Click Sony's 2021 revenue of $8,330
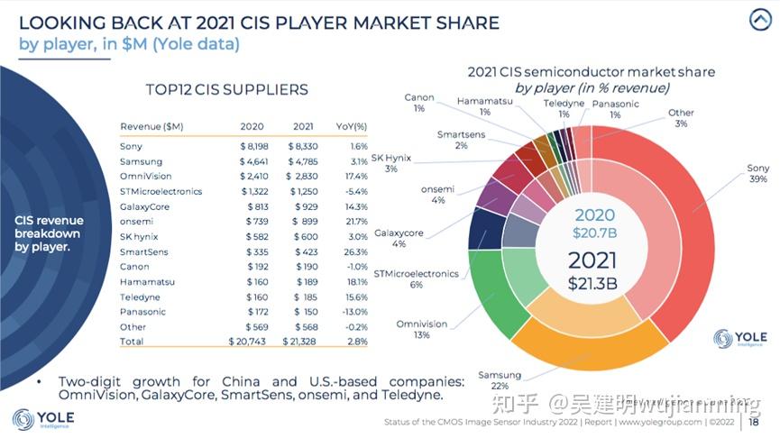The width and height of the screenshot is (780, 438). coord(302,146)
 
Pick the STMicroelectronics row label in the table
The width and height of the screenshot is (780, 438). coord(161,191)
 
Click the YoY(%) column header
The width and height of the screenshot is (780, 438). coord(352,126)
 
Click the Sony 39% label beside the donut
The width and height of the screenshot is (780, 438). coord(757,174)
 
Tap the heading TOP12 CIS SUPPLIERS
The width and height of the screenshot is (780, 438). coord(226,89)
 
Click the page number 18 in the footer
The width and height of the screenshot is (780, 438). coord(753,422)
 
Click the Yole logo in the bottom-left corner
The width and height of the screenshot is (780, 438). coord(43,419)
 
